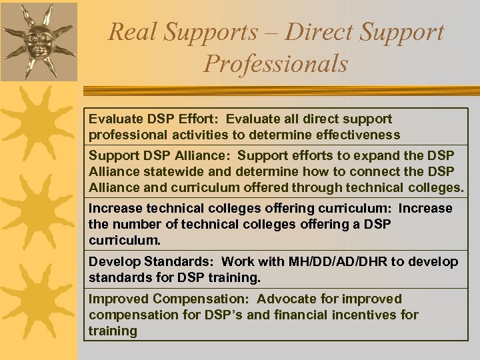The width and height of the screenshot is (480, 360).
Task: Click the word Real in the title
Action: pyautogui.click(x=134, y=31)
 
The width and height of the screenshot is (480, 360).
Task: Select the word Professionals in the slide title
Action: pyautogui.click(x=276, y=63)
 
